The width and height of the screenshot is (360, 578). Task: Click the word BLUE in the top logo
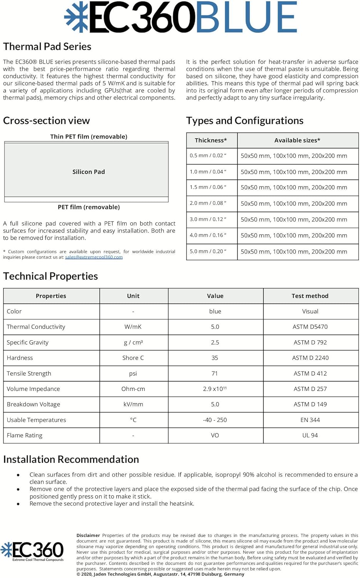(246, 18)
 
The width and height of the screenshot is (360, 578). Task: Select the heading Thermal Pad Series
(47, 47)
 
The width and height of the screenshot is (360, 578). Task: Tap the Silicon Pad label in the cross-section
(89, 172)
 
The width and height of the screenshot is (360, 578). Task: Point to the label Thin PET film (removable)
(89, 137)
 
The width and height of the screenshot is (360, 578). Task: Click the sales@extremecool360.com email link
(94, 257)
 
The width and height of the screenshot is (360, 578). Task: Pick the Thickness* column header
(211, 140)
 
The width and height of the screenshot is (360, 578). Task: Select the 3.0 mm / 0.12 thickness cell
(208, 219)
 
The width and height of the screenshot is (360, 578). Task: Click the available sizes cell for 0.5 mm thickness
(294, 156)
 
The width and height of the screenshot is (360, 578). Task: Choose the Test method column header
(310, 296)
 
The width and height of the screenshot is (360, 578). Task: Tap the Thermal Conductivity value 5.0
(215, 327)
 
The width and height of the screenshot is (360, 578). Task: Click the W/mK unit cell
(133, 327)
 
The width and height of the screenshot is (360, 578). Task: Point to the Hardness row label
(20, 358)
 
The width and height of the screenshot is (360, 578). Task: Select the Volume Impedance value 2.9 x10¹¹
(215, 389)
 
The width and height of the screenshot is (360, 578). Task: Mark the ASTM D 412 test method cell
(310, 373)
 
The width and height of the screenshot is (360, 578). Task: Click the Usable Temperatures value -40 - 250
(215, 420)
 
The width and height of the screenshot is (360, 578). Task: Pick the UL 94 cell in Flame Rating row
(310, 435)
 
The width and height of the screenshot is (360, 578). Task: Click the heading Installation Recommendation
(71, 459)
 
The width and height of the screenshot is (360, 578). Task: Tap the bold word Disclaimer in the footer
(88, 535)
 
